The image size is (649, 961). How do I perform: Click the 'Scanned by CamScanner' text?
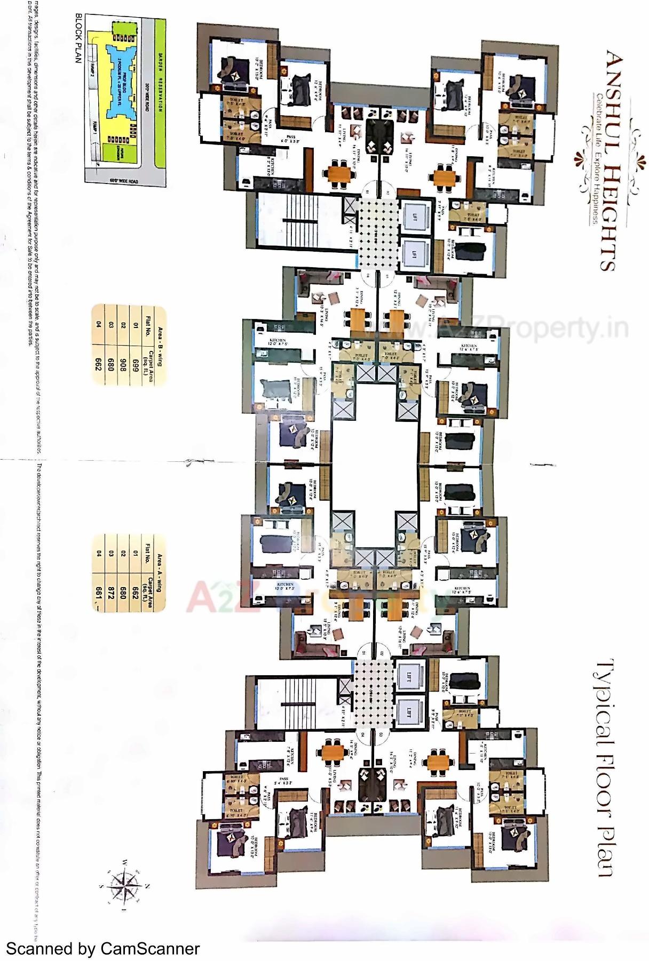point(102,949)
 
